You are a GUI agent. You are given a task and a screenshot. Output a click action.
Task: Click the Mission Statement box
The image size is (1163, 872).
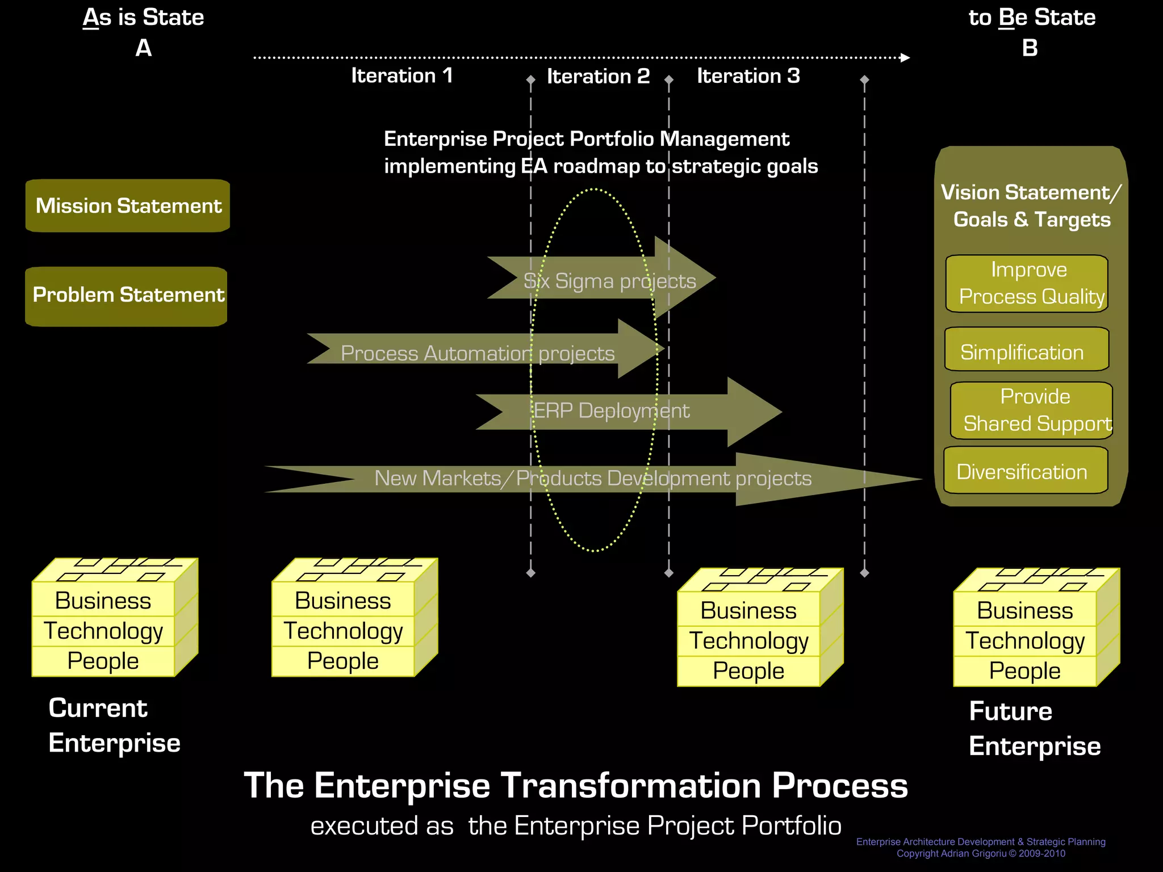pyautogui.click(x=128, y=206)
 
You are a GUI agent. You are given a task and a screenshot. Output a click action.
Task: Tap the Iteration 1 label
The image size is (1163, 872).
pyautogui.click(x=401, y=76)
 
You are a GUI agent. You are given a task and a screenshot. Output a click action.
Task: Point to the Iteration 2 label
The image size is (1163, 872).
pyautogui.click(x=598, y=76)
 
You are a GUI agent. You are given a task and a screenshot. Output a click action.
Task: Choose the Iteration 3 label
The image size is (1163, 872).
pyautogui.click(x=748, y=76)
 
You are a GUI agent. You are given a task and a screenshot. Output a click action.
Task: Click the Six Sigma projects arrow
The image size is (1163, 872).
pyautogui.click(x=609, y=280)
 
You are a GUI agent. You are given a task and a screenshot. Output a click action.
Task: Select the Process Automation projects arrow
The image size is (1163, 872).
pyautogui.click(x=477, y=353)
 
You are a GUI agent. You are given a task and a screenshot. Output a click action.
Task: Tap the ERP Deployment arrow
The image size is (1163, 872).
pyautogui.click(x=611, y=411)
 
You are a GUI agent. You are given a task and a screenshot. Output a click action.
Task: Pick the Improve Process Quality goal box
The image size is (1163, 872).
pyautogui.click(x=1027, y=283)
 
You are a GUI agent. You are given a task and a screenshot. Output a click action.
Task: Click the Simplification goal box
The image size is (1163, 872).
pyautogui.click(x=1026, y=350)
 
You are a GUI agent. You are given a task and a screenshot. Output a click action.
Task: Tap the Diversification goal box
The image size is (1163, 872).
pyautogui.click(x=1026, y=471)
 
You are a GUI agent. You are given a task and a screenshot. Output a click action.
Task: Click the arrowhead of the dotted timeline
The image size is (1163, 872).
pyautogui.click(x=905, y=57)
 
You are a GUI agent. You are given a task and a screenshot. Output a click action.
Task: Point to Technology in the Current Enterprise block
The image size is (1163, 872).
pyautogui.click(x=103, y=631)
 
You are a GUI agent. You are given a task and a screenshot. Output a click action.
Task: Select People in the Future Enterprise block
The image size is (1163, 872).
pyautogui.click(x=1024, y=671)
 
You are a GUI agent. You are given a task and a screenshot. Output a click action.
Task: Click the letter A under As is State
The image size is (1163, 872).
pyautogui.click(x=144, y=48)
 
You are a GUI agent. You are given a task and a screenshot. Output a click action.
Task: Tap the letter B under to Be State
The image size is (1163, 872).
pyautogui.click(x=1030, y=48)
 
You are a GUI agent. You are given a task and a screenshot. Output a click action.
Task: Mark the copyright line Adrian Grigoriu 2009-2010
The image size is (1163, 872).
pyautogui.click(x=981, y=854)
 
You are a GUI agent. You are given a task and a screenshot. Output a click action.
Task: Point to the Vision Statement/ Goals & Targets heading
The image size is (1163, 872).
pyautogui.click(x=1031, y=206)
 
